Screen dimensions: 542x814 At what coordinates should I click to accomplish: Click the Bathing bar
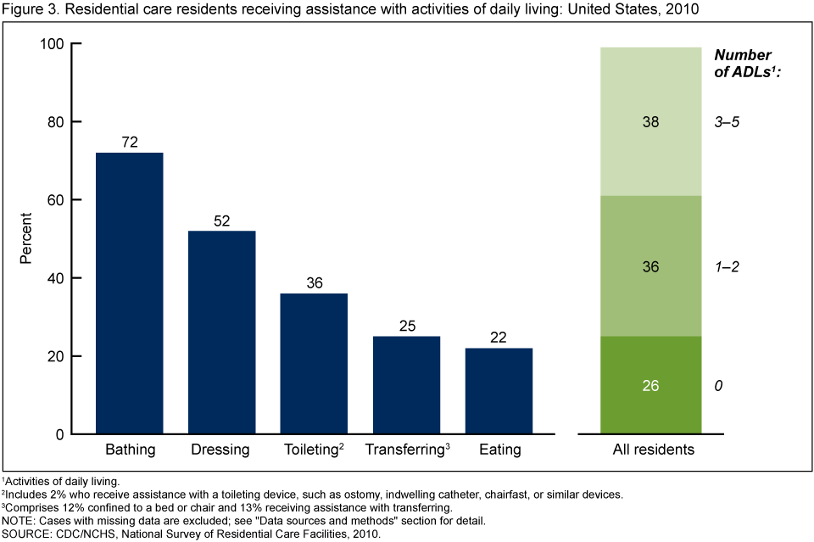[x=129, y=293]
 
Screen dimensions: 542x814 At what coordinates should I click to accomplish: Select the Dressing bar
[x=221, y=332]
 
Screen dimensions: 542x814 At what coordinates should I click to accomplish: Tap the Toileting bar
[x=314, y=364]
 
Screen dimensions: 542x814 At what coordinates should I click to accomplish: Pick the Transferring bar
[x=406, y=385]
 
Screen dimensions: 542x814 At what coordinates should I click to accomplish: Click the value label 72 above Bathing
[x=129, y=142]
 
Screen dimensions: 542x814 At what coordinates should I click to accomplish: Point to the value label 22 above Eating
[x=499, y=338]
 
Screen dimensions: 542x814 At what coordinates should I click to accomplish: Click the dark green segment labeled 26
[x=651, y=385]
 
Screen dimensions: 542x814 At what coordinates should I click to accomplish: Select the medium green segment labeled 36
[x=651, y=266]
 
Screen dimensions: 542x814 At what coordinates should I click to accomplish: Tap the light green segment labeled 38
[x=651, y=121]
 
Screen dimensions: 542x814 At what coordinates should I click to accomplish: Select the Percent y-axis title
[x=27, y=238]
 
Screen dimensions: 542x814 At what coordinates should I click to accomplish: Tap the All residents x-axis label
[x=653, y=450]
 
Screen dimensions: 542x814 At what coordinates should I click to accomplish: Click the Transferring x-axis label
[x=404, y=450]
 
